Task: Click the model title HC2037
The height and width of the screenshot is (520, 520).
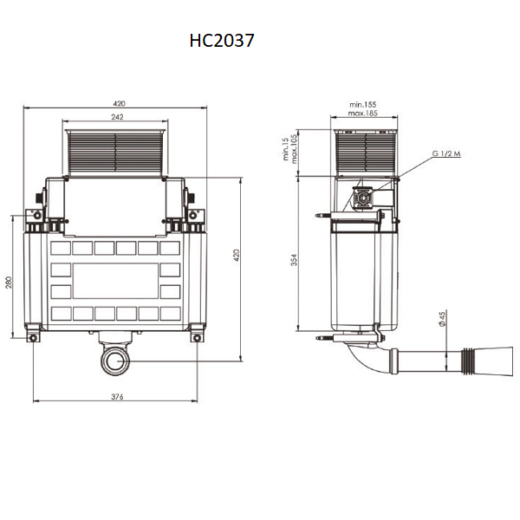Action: coord(222,41)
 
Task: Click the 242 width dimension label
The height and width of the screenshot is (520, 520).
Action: coord(117,117)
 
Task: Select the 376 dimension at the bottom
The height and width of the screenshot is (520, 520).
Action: coord(117,397)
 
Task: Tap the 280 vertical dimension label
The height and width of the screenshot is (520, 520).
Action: coord(9,283)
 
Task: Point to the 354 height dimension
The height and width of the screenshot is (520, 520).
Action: coord(294,260)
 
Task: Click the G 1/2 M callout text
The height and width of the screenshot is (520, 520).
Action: coord(446,153)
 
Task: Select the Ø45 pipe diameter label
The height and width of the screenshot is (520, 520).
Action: coord(442,318)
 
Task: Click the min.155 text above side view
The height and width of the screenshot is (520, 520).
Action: coord(363,105)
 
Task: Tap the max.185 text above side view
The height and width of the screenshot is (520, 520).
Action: coord(363,113)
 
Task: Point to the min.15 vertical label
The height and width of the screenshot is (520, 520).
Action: coord(285,149)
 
